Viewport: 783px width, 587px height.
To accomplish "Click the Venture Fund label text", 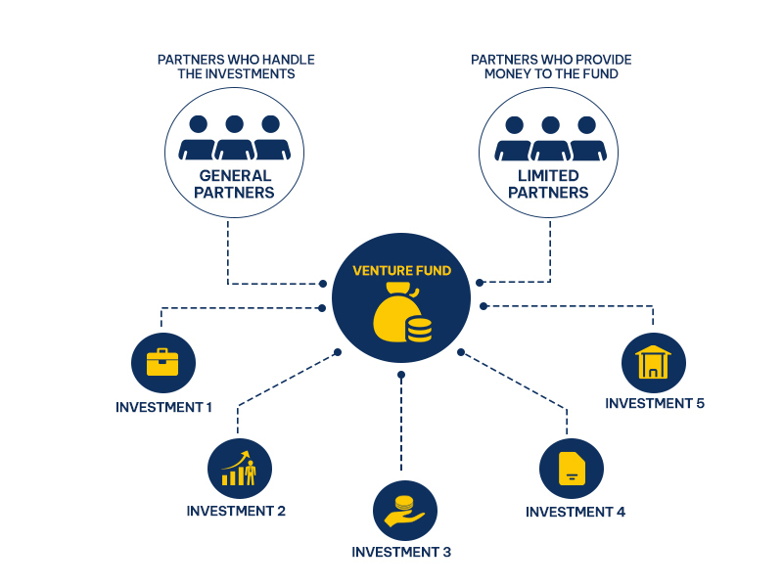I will click(x=401, y=270).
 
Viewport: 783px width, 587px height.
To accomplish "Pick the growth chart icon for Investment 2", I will click(x=239, y=469).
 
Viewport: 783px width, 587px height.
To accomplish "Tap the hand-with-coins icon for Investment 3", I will click(x=403, y=511).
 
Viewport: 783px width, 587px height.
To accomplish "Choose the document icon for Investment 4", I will click(x=571, y=470).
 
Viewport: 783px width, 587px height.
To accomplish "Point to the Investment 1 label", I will click(x=163, y=406).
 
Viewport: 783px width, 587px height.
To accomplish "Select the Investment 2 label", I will click(x=236, y=511).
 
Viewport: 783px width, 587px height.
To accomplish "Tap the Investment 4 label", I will click(x=575, y=512).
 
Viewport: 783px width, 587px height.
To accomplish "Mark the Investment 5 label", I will click(x=655, y=403).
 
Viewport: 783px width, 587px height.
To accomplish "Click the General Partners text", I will click(x=234, y=184).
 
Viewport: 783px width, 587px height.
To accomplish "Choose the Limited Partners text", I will click(x=549, y=184).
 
